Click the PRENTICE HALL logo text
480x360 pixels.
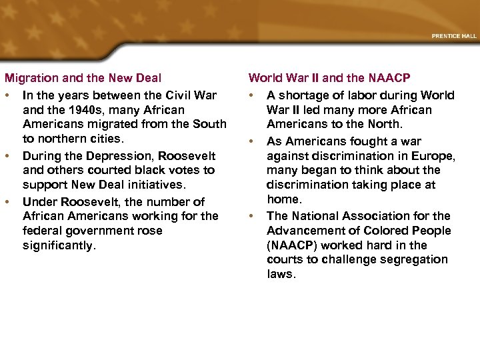pyautogui.click(x=453, y=36)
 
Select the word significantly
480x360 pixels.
pyautogui.click(x=59, y=246)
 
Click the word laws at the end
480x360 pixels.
pyautogui.click(x=281, y=274)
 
